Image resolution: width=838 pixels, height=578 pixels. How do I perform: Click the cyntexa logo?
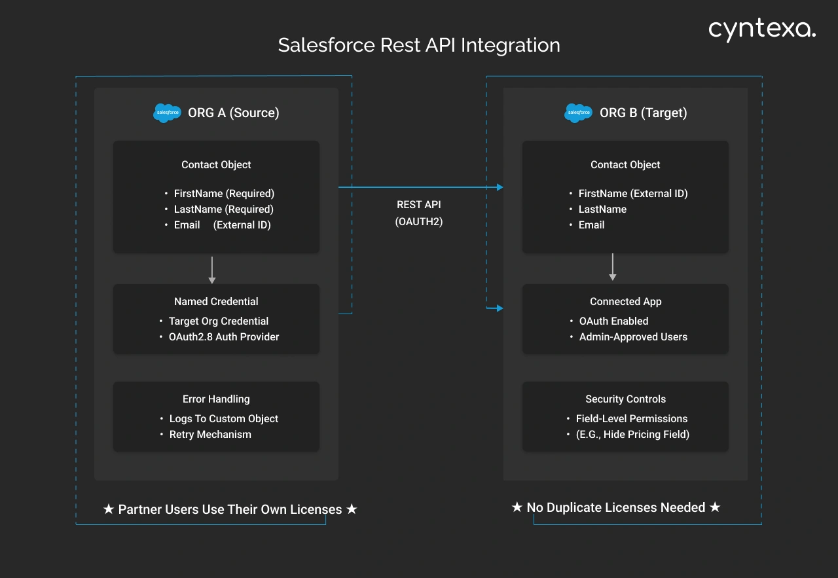click(x=762, y=29)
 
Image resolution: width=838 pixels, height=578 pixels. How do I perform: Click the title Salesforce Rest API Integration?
click(x=419, y=45)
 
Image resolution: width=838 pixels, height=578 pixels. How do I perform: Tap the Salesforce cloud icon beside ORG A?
click(x=167, y=113)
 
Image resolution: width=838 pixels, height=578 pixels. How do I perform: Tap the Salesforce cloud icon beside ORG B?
click(x=578, y=113)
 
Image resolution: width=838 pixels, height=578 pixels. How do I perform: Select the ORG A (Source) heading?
click(x=234, y=113)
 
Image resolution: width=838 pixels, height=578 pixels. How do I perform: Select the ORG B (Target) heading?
click(x=644, y=113)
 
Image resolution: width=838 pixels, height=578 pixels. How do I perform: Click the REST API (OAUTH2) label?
click(x=419, y=213)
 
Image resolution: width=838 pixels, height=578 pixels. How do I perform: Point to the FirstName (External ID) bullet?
click(x=633, y=194)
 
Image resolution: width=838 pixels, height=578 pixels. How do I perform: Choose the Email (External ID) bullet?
click(x=222, y=225)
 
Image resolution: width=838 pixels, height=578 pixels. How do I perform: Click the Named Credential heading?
click(x=216, y=302)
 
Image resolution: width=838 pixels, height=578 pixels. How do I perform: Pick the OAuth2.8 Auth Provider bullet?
click(x=224, y=337)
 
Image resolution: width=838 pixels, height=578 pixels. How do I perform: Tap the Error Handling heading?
click(x=216, y=399)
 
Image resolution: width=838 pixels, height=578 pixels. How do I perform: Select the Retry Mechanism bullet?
click(x=210, y=435)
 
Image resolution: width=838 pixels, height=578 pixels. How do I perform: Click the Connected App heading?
click(x=625, y=302)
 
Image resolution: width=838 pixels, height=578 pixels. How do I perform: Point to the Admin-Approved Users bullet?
click(x=633, y=337)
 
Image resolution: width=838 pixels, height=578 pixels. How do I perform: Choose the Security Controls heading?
click(x=625, y=399)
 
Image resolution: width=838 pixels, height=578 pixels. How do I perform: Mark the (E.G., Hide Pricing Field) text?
click(x=632, y=435)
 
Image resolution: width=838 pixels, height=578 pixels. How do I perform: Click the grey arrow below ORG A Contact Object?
click(x=211, y=270)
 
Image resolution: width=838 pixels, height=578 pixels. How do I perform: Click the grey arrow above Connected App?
click(x=613, y=267)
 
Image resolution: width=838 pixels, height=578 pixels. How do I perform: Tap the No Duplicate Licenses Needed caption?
click(x=615, y=508)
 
